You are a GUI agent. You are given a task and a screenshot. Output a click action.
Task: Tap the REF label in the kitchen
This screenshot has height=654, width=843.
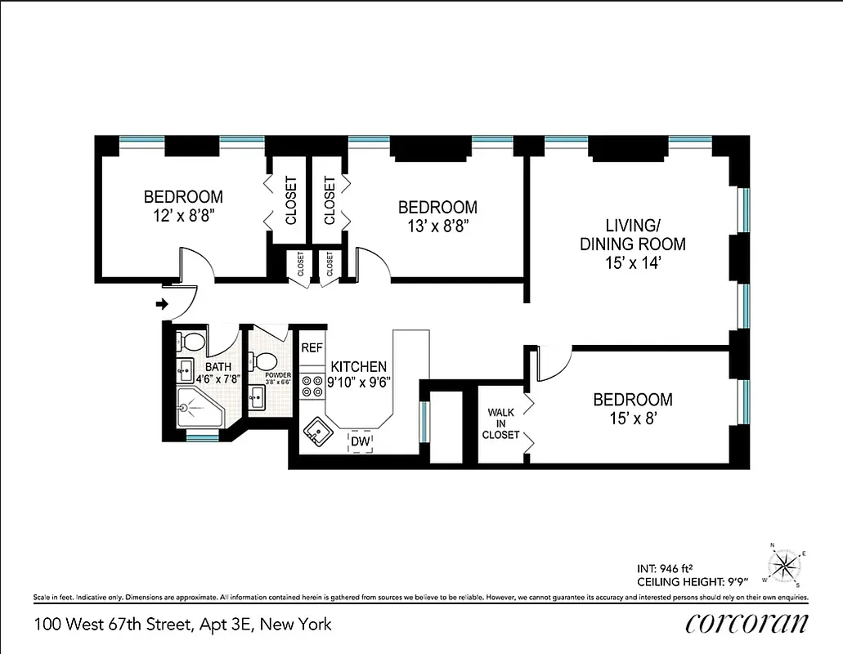point(312,347)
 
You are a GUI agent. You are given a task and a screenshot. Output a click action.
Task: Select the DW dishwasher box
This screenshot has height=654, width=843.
point(360,441)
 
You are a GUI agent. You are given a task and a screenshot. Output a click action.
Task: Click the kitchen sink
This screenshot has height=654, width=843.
point(316,432)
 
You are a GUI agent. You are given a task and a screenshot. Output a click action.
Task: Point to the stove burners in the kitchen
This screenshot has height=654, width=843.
point(312,385)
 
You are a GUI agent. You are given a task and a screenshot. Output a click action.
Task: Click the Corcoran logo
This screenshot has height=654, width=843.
point(747,624)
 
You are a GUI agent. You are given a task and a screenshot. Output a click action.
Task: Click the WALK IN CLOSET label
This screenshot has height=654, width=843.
point(501,423)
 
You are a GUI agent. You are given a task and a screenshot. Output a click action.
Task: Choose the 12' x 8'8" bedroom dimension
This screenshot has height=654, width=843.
point(184,216)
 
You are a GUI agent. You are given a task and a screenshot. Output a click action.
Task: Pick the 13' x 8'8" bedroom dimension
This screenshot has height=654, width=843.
point(437,226)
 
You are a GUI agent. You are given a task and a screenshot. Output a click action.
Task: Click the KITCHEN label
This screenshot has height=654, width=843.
point(358,367)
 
